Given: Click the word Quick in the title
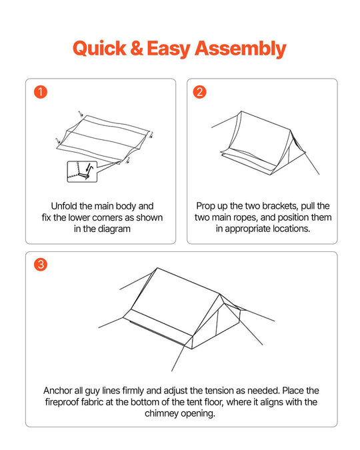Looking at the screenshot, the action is point(99,48).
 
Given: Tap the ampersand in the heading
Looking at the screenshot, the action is point(137,48).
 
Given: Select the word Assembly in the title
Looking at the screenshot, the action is point(241,49).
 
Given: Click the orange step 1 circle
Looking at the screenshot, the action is point(41,92).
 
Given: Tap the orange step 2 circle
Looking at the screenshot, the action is point(199,92).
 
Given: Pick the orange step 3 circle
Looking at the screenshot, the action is point(41,264).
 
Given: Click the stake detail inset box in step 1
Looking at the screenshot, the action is point(82,171).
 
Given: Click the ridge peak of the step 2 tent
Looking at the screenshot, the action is point(241,111).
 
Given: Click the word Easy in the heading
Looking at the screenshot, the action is point(168,49).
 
